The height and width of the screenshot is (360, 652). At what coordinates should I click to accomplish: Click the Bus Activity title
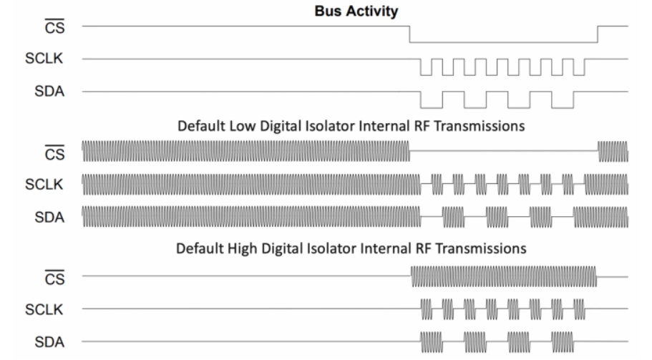click(x=356, y=11)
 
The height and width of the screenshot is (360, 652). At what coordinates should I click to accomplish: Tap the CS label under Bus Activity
click(x=55, y=27)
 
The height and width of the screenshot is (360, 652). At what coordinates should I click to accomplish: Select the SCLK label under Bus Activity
click(x=44, y=58)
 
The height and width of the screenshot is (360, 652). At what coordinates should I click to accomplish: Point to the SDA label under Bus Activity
click(x=49, y=91)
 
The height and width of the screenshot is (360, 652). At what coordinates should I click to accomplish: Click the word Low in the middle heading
click(x=243, y=126)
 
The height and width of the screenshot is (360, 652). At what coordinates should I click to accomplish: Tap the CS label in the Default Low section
click(x=55, y=153)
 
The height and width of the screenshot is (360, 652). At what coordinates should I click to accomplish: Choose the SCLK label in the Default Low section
click(x=44, y=184)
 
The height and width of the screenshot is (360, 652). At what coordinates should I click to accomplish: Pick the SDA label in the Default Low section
click(x=49, y=217)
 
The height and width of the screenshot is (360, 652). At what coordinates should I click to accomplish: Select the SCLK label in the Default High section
click(x=44, y=309)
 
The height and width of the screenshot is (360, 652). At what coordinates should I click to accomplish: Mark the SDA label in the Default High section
click(x=49, y=342)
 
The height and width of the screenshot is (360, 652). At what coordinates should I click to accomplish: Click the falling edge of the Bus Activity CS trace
click(x=409, y=34)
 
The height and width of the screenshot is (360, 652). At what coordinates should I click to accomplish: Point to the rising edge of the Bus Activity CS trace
click(x=598, y=34)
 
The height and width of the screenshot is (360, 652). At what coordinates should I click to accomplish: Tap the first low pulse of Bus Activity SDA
click(x=432, y=107)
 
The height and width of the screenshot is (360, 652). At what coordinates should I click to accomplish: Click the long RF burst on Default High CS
click(x=504, y=276)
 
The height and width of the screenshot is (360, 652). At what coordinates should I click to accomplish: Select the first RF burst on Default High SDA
click(x=431, y=341)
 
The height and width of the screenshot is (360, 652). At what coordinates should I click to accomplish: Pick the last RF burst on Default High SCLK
click(x=579, y=309)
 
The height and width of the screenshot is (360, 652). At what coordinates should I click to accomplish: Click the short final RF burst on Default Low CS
click(x=613, y=151)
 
